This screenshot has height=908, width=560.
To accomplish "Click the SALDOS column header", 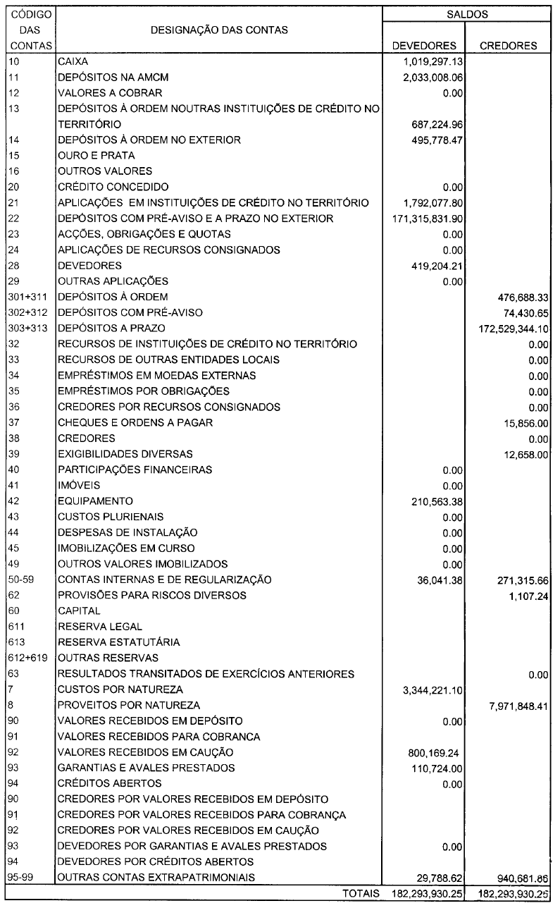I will [x=468, y=13].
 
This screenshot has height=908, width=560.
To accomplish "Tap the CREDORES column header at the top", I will [x=509, y=46].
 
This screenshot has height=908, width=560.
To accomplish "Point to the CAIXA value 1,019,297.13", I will [x=428, y=61].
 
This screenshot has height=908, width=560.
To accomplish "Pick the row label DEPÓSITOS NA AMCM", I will [x=114, y=77].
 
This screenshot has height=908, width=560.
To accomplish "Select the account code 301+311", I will [x=27, y=297].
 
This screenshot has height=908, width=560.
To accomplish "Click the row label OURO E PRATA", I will [x=87, y=155].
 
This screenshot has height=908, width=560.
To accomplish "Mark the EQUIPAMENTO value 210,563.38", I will [x=433, y=501].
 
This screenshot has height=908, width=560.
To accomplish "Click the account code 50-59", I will [x=21, y=579].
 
